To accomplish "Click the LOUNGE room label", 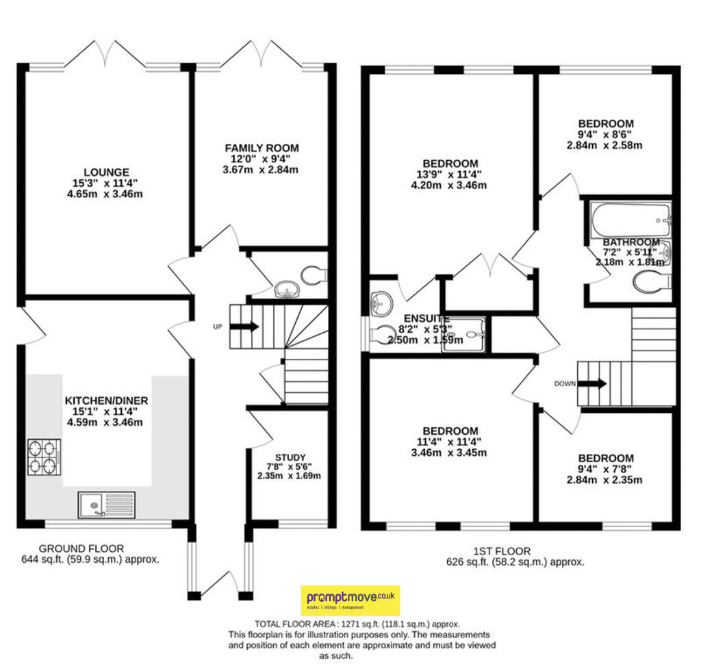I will pyautogui.click(x=106, y=171).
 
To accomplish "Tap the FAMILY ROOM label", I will pyautogui.click(x=262, y=148).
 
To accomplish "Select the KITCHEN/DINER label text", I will pyautogui.click(x=106, y=400).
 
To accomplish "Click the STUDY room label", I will pyautogui.click(x=290, y=457).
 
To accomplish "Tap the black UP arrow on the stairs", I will pyautogui.click(x=244, y=327).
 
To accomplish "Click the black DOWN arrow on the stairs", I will pyautogui.click(x=593, y=383).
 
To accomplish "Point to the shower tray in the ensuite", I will pyautogui.click(x=466, y=335).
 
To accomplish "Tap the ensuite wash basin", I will pyautogui.click(x=380, y=301).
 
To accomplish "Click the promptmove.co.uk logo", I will pyautogui.click(x=350, y=600).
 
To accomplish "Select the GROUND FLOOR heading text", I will pyautogui.click(x=81, y=548).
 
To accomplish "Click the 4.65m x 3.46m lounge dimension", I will pyautogui.click(x=106, y=194).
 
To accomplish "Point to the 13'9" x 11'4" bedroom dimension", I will pyautogui.click(x=450, y=175).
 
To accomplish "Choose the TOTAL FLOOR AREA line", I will pyautogui.click(x=357, y=624).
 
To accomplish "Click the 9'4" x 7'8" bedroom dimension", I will pyautogui.click(x=606, y=469).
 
